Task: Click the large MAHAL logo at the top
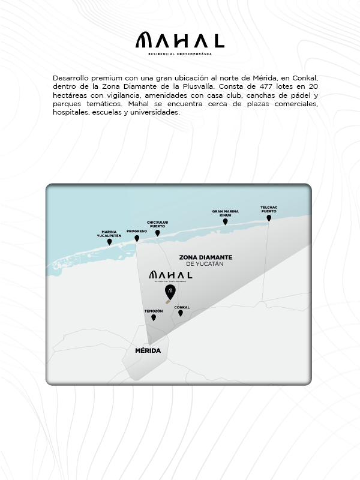[x=179, y=41]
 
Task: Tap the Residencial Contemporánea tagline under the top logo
[x=180, y=53]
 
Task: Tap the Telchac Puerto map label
[x=269, y=209]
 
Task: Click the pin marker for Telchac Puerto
[x=269, y=218]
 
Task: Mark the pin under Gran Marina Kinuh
[x=226, y=221]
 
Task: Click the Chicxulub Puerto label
[x=158, y=224]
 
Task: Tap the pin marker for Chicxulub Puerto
[x=158, y=233]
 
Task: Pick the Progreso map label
[x=137, y=230]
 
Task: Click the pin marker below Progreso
[x=137, y=238]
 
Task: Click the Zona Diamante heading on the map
[x=206, y=257]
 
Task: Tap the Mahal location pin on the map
[x=170, y=292]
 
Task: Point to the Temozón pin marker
[x=154, y=317]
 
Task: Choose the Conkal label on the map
[x=182, y=307]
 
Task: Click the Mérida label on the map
[x=148, y=350]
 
